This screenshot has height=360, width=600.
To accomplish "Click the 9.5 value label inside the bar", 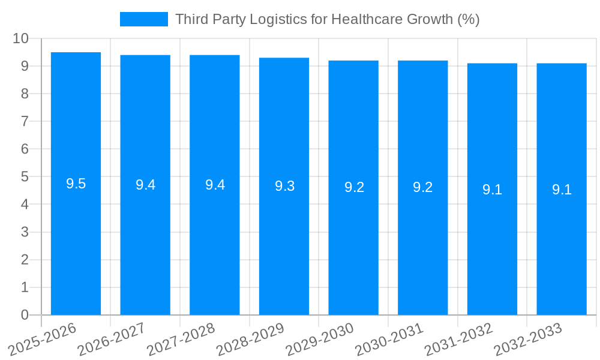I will tap(76, 184).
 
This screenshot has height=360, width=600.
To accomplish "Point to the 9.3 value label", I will tap(284, 186).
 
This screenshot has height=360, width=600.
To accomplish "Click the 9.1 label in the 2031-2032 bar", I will tap(492, 190).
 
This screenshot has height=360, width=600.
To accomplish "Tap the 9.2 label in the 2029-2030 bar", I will tap(354, 187).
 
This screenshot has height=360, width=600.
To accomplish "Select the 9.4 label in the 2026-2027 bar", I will tap(145, 185).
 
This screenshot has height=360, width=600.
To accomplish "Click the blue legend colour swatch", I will tap(144, 19).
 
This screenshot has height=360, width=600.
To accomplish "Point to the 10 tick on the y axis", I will tap(21, 38).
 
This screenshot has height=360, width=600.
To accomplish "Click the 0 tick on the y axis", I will tap(25, 315).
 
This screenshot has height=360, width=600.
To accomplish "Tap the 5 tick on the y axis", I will tap(25, 177).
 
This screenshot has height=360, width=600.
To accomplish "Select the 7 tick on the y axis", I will tap(25, 121).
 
